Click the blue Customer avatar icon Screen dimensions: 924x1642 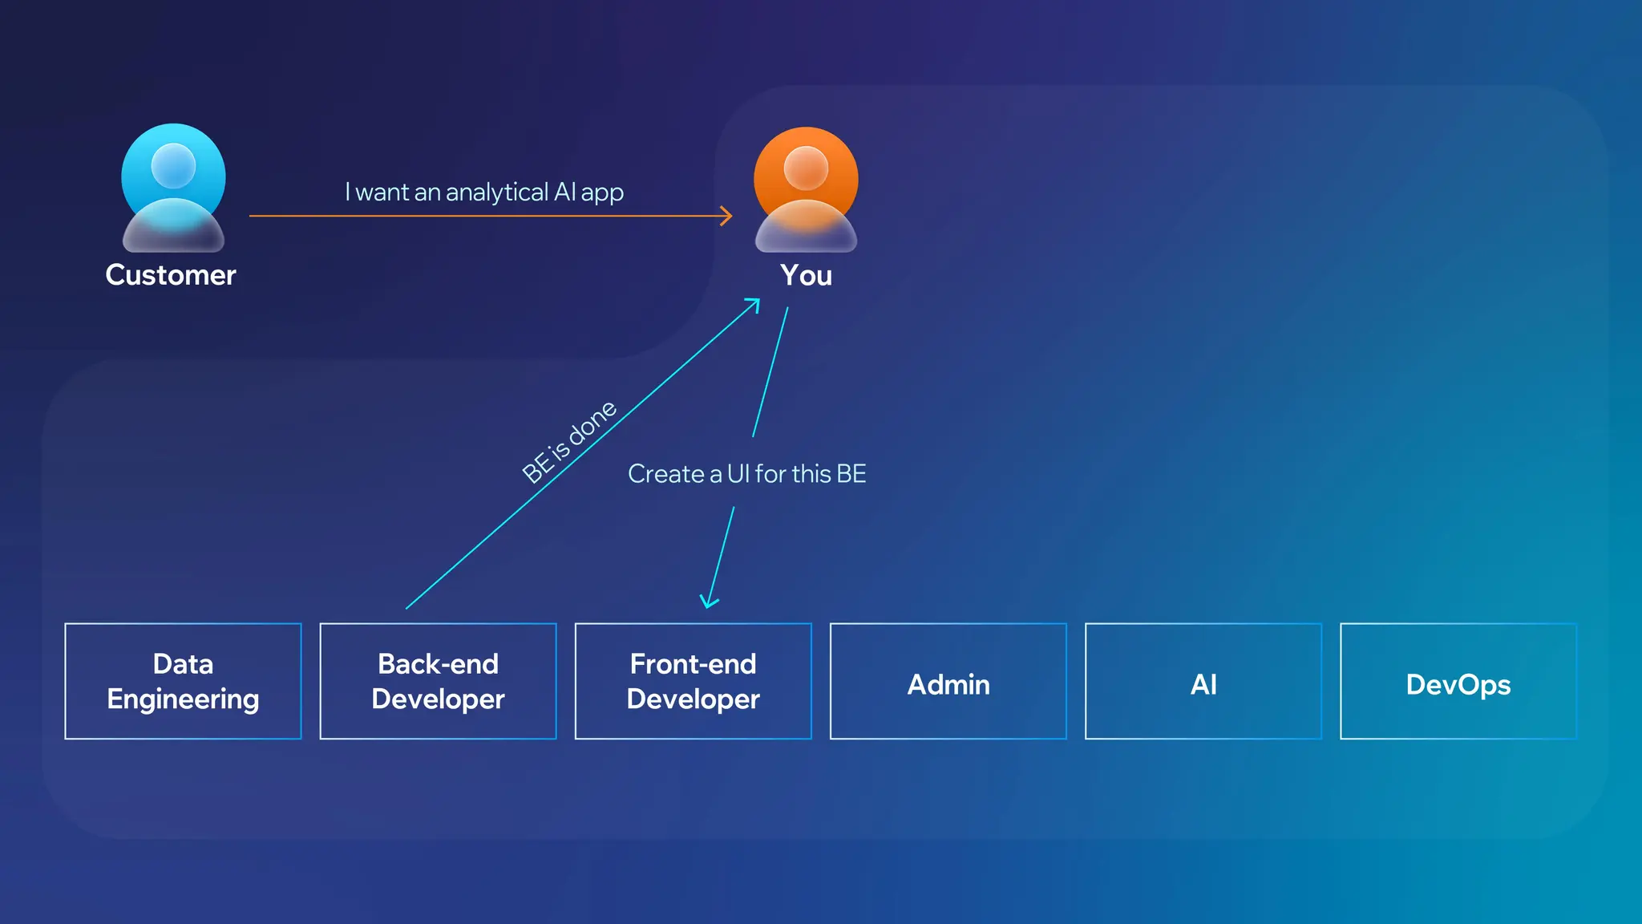[173, 188]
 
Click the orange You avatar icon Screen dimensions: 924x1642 [806, 189]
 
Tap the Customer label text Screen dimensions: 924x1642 [171, 275]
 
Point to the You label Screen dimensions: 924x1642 [806, 275]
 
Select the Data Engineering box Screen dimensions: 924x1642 [183, 681]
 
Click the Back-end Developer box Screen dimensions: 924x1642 [438, 681]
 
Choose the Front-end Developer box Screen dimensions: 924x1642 [693, 681]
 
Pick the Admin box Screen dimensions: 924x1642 [948, 681]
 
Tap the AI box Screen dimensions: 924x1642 [1203, 681]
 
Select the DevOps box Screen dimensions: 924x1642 [1458, 681]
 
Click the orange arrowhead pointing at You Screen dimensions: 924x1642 [727, 216]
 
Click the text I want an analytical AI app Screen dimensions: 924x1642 [484, 192]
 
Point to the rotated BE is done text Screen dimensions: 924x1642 [569, 441]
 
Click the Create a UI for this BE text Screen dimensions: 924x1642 [746, 474]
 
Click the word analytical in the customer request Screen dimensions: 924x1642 [497, 192]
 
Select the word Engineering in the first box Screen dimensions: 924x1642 [183, 699]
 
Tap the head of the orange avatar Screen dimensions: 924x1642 [806, 168]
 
